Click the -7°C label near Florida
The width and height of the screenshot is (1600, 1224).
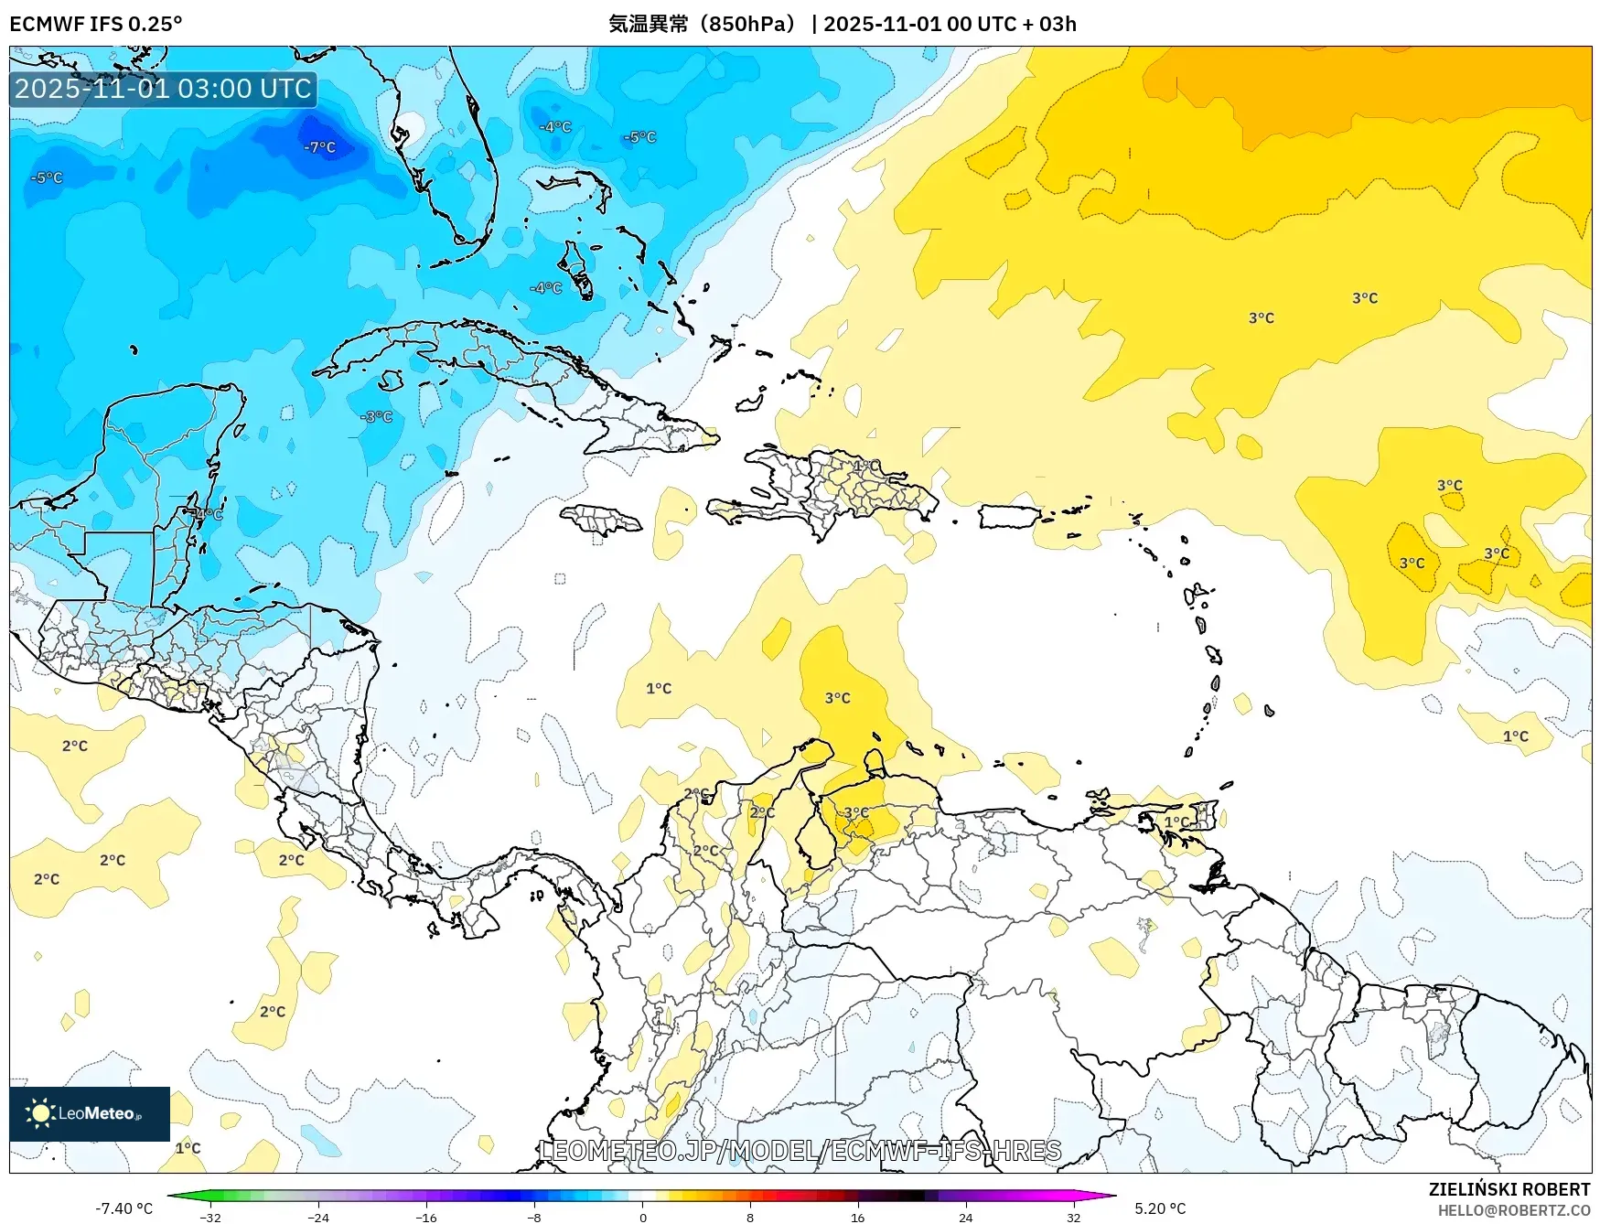coord(320,147)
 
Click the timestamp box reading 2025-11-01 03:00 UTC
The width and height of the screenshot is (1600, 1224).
coord(163,89)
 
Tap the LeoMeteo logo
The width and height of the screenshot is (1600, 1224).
coord(89,1113)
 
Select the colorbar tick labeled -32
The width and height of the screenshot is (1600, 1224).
coord(210,1217)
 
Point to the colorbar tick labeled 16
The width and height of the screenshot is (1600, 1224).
coord(857,1217)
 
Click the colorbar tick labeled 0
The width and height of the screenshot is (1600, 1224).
coord(642,1217)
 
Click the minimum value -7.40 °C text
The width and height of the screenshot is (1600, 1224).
coord(124,1208)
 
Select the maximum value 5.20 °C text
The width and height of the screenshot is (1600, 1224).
coord(1160,1208)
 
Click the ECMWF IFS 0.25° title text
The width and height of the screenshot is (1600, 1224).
coord(96,24)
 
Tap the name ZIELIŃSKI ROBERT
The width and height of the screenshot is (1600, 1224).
coord(1509,1189)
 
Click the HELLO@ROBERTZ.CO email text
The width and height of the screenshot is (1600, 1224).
coord(1513,1210)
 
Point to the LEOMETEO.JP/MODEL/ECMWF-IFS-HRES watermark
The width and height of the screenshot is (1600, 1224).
coord(800,1150)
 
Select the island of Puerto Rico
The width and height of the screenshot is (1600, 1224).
coord(1009,517)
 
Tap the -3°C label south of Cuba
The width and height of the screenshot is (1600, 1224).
coord(377,416)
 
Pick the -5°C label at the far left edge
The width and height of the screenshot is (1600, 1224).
coord(47,177)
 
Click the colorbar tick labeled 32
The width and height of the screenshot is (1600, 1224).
coord(1073,1217)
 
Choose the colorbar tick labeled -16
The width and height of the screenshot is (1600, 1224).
coord(426,1217)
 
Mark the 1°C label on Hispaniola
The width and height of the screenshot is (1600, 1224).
coord(865,466)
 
